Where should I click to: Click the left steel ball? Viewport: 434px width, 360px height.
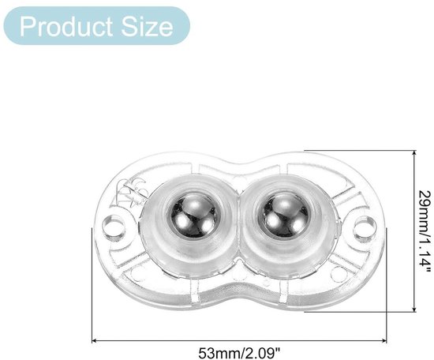(193, 216)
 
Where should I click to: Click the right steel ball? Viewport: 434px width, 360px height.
(284, 216)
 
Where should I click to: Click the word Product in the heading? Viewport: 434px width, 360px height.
(66, 27)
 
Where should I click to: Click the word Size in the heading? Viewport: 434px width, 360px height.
(147, 27)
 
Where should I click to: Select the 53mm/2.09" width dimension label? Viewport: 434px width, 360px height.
(239, 354)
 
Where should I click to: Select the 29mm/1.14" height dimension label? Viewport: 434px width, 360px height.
(425, 232)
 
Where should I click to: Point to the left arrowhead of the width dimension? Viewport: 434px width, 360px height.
(94, 340)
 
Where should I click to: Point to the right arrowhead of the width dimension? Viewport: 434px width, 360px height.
(384, 340)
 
